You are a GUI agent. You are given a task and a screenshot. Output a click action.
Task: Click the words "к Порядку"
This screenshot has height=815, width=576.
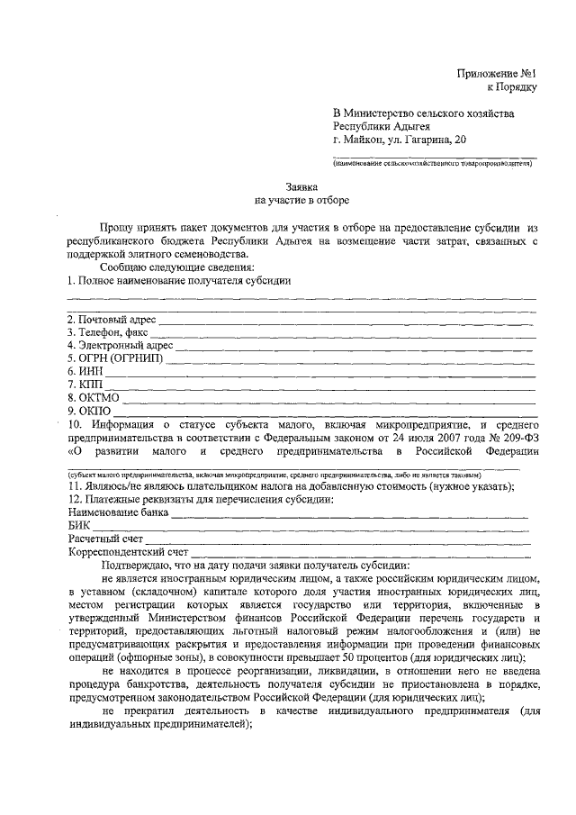pos(511,87)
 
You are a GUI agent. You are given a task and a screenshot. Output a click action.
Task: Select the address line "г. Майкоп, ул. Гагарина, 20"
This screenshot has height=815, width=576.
pos(400,140)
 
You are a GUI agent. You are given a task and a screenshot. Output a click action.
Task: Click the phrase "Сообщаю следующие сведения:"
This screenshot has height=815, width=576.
pos(177,267)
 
